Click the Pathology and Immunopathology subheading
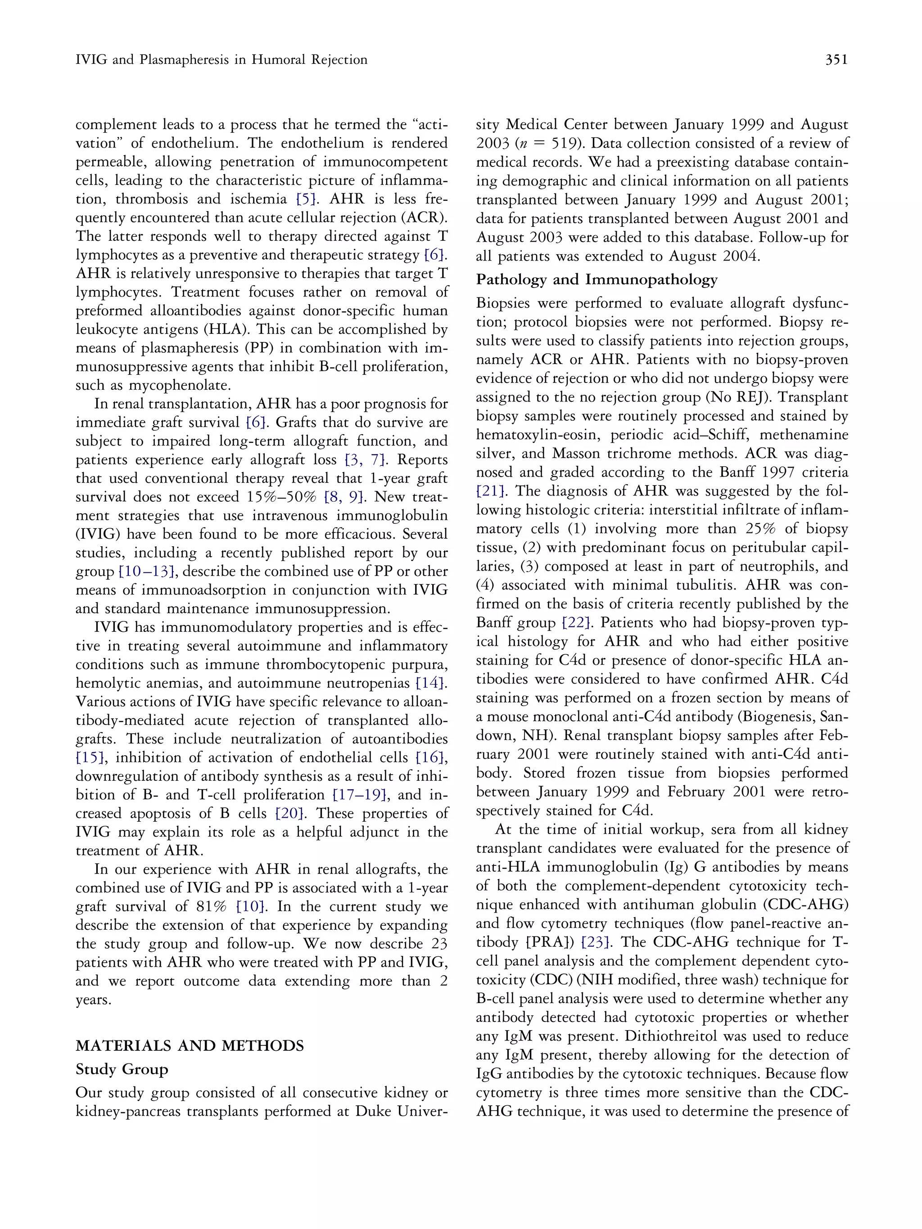[597, 279]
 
